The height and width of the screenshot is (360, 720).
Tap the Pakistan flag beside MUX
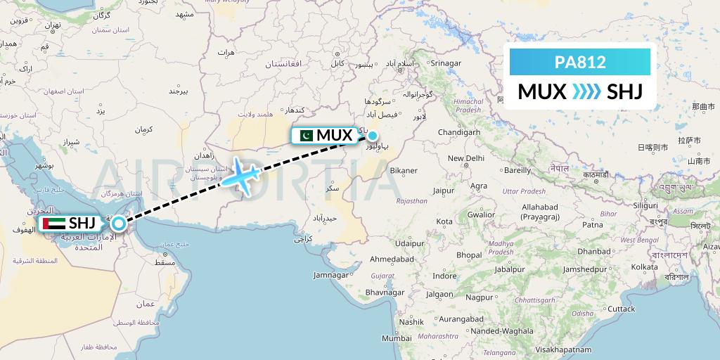(305, 135)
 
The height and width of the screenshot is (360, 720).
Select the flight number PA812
(580, 62)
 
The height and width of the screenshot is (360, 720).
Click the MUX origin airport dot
(373, 137)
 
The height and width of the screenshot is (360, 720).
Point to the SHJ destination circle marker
(119, 224)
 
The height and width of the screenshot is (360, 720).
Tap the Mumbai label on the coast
(397, 338)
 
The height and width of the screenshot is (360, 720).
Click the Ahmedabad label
(392, 259)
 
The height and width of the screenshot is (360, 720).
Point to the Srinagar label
(445, 63)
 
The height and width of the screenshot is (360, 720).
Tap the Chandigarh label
(458, 132)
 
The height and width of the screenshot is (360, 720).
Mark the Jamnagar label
(331, 275)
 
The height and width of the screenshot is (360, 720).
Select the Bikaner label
(404, 170)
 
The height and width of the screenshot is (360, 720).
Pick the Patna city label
(593, 225)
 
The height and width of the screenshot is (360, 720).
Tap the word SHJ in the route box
(624, 92)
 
